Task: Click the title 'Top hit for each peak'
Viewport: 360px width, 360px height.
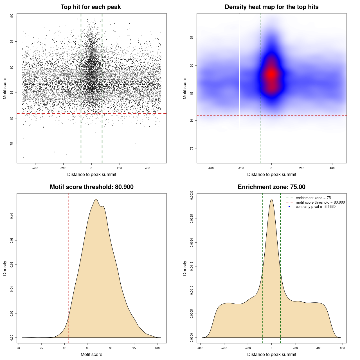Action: pyautogui.click(x=91, y=7)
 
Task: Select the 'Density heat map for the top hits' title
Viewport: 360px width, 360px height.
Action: pyautogui.click(x=271, y=7)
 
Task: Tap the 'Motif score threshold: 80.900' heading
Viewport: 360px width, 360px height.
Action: pyautogui.click(x=91, y=187)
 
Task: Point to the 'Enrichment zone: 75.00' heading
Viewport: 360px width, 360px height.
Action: pyautogui.click(x=271, y=187)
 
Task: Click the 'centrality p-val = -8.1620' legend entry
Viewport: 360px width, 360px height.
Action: pyautogui.click(x=315, y=207)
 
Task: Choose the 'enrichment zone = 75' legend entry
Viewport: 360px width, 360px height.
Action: pyautogui.click(x=313, y=198)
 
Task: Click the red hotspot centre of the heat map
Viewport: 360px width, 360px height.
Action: pyautogui.click(x=271, y=74)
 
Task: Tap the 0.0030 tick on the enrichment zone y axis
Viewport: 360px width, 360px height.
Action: pyautogui.click(x=192, y=195)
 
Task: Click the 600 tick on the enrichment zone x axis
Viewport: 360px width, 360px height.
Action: pyautogui.click(x=342, y=348)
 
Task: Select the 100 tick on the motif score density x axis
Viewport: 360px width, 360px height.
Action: pyautogui.click(x=157, y=348)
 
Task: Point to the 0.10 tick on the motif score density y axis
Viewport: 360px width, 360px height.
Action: pyautogui.click(x=12, y=216)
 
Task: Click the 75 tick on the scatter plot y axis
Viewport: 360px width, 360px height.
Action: pyautogui.click(x=12, y=144)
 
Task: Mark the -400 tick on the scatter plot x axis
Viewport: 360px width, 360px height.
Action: pyautogui.click(x=35, y=168)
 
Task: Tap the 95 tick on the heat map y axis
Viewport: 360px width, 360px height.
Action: pyautogui.click(x=192, y=38)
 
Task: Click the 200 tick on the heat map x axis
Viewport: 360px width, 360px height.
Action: pyautogui.click(x=302, y=168)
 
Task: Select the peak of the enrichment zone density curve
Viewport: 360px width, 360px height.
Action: pyautogui.click(x=271, y=199)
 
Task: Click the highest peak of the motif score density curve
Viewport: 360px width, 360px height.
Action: pyautogui.click(x=96, y=199)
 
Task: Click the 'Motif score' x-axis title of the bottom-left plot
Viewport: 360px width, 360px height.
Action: pyautogui.click(x=91, y=354)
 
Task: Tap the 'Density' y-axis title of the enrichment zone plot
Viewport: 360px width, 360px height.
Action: pyautogui.click(x=185, y=268)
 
